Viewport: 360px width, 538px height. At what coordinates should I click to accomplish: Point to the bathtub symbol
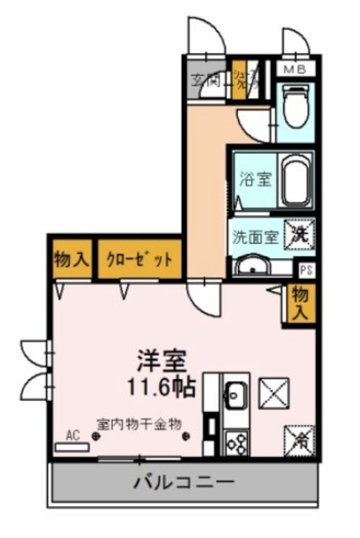coord(294,181)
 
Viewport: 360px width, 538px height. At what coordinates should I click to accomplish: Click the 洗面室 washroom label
coord(255,236)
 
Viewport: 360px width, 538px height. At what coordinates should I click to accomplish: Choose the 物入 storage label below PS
coord(299,303)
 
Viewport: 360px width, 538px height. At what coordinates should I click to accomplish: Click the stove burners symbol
coord(235,440)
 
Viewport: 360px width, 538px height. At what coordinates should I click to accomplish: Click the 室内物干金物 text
coord(139,424)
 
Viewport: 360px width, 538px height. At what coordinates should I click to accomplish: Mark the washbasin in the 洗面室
coord(250,266)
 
